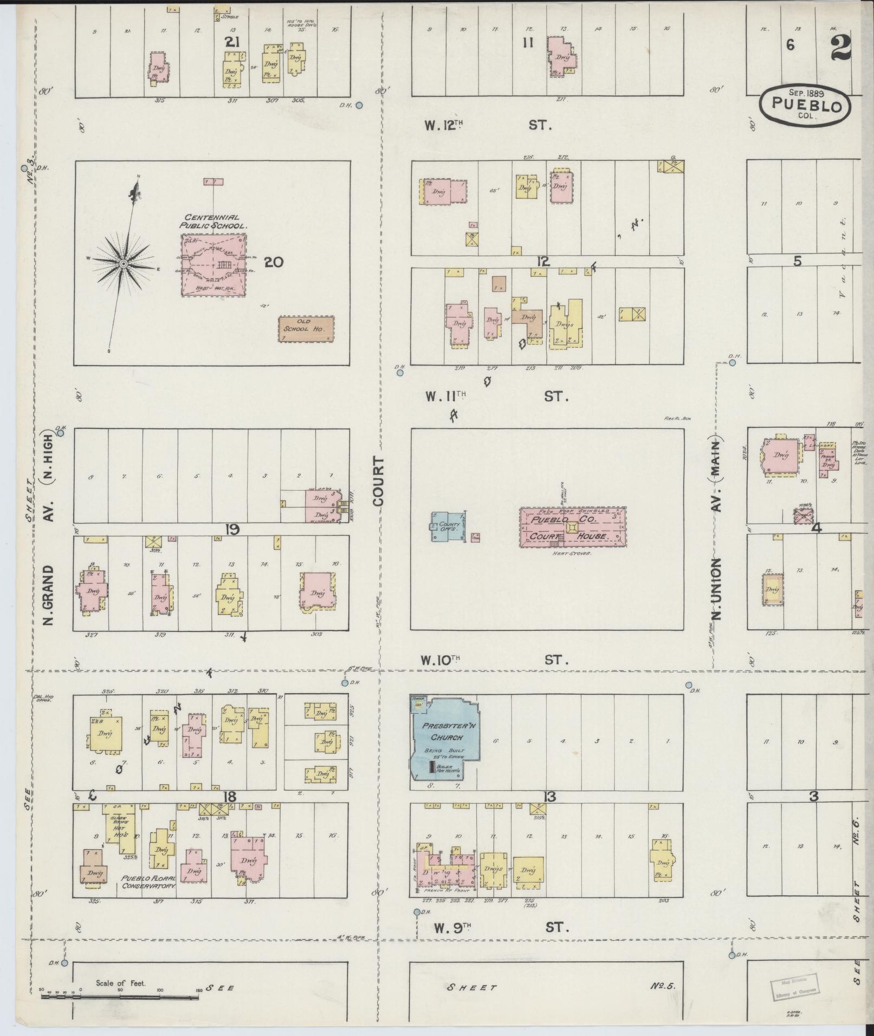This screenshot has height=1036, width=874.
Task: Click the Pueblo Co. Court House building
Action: (573, 527)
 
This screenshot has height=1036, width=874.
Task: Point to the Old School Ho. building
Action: (306, 329)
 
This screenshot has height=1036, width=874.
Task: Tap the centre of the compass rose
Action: (124, 264)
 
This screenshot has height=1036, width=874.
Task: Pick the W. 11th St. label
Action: (495, 397)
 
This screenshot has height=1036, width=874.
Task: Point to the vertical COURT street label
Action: (378, 481)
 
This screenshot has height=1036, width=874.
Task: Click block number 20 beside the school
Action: (274, 263)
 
